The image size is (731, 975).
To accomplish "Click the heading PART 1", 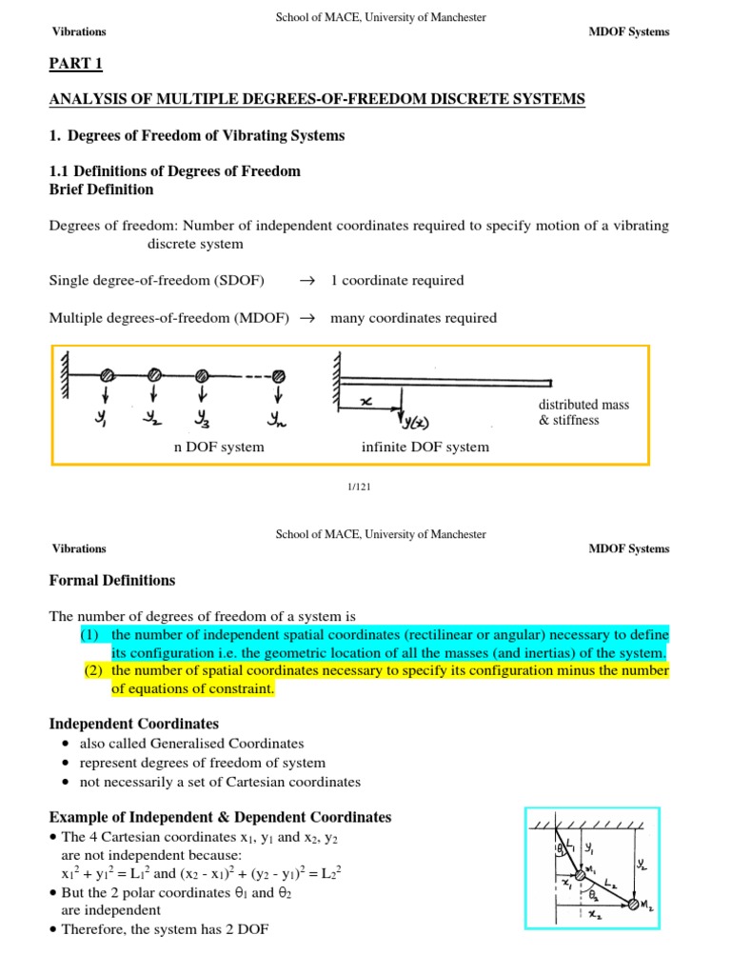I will (x=75, y=64).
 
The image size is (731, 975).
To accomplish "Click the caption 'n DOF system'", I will (x=219, y=447).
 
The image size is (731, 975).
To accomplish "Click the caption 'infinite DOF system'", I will (x=425, y=447).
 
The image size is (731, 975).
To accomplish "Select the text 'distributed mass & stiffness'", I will (x=583, y=412).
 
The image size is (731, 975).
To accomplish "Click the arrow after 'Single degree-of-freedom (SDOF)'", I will (x=306, y=281).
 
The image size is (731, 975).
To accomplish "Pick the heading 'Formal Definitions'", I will (x=112, y=580).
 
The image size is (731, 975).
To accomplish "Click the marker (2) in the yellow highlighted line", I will (x=93, y=671).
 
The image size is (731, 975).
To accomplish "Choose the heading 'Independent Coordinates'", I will (x=134, y=725).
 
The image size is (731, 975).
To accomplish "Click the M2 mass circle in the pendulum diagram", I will (x=633, y=904).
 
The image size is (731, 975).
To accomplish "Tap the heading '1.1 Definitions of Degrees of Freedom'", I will (x=174, y=171).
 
